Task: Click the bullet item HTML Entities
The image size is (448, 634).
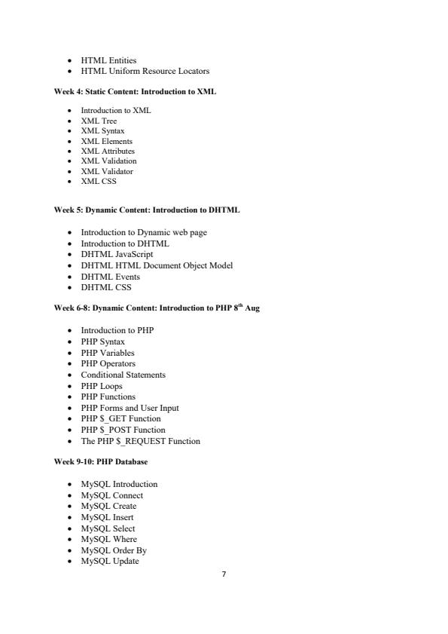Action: pyautogui.click(x=108, y=60)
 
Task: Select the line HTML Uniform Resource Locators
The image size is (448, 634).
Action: pyautogui.click(x=145, y=71)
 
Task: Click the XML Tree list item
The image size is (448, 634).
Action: pyautogui.click(x=99, y=121)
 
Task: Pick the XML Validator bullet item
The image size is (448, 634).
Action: pyautogui.click(x=107, y=171)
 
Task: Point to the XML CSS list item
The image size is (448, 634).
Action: pyautogui.click(x=99, y=181)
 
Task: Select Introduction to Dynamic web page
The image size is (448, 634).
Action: pyautogui.click(x=143, y=232)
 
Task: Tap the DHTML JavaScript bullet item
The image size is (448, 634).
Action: pyautogui.click(x=117, y=254)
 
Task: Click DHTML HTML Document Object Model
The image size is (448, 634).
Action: pyautogui.click(x=157, y=265)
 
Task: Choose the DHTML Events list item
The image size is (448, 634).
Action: pyautogui.click(x=110, y=277)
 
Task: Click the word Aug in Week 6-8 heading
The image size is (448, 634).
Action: pyautogui.click(x=252, y=309)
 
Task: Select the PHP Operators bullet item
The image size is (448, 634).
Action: pyautogui.click(x=108, y=363)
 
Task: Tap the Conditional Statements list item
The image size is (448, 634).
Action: pyautogui.click(x=123, y=375)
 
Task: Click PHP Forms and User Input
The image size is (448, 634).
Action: pyautogui.click(x=130, y=408)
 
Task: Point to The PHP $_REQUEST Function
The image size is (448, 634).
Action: pyautogui.click(x=140, y=441)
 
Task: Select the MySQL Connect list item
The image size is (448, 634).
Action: pyautogui.click(x=111, y=495)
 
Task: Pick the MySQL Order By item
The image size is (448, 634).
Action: pyautogui.click(x=114, y=550)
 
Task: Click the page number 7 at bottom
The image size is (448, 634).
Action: pyautogui.click(x=224, y=574)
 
